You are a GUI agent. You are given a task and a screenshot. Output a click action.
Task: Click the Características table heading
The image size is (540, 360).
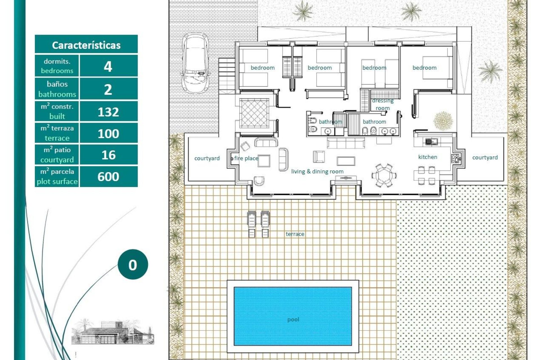[x=86, y=45]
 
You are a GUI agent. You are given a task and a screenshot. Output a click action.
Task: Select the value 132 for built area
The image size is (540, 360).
[x=108, y=112]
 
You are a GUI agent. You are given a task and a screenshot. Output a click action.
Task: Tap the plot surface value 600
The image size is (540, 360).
[x=108, y=177]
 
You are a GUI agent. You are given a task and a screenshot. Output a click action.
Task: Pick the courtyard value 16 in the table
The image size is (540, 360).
[x=108, y=155]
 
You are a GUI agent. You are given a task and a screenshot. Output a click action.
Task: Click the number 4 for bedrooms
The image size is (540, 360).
[x=108, y=67]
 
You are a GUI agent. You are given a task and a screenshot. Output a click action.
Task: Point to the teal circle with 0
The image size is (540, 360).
[x=133, y=264]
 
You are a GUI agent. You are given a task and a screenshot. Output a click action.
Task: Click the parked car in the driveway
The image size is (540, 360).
[x=195, y=62]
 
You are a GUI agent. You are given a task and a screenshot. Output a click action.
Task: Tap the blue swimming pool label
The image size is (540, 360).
[x=293, y=319]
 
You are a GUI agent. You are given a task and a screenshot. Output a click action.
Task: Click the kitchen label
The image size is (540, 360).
[x=427, y=157]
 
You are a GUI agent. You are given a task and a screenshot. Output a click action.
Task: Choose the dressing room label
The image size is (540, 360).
[x=382, y=104]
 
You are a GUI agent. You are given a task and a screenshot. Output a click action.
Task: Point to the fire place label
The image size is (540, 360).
[x=246, y=158]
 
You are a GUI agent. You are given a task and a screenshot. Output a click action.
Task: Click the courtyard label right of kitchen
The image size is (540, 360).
[x=485, y=157]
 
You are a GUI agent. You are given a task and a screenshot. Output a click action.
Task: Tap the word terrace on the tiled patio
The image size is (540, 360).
[x=295, y=234]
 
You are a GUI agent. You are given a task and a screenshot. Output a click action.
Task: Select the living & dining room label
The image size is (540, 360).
[x=317, y=172]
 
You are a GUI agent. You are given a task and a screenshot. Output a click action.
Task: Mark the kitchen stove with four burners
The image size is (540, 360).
[x=455, y=159]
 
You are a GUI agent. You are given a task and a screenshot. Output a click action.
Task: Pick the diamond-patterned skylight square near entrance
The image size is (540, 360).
[x=254, y=113]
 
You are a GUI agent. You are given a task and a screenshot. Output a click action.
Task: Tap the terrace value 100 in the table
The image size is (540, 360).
[x=108, y=134]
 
